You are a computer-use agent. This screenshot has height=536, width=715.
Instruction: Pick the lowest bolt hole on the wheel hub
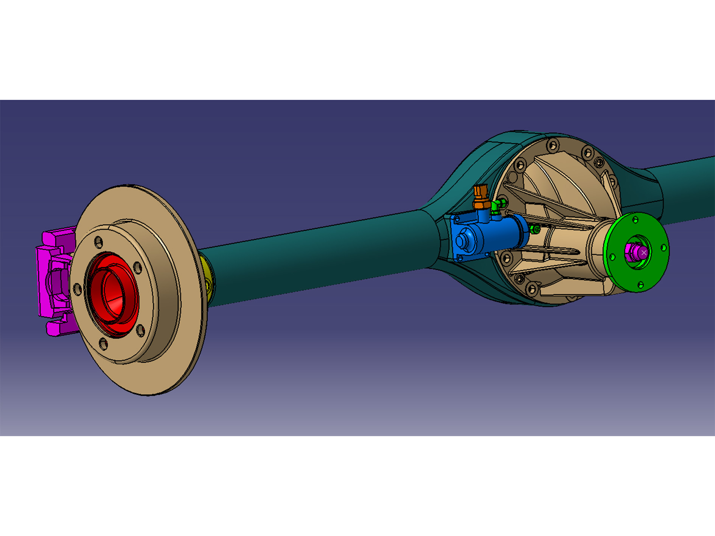click(x=103, y=344)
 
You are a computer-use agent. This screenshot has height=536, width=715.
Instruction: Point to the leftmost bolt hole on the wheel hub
click(x=77, y=290)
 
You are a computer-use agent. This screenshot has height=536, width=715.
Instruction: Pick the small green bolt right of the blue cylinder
click(x=535, y=229)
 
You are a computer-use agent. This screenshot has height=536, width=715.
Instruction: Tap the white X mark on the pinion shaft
click(x=644, y=252)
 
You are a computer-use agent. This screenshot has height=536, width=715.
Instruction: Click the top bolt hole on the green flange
click(x=636, y=219)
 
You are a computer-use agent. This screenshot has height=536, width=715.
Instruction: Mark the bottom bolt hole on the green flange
click(x=640, y=284)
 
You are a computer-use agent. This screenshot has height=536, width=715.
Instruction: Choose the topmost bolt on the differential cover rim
click(x=553, y=145)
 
